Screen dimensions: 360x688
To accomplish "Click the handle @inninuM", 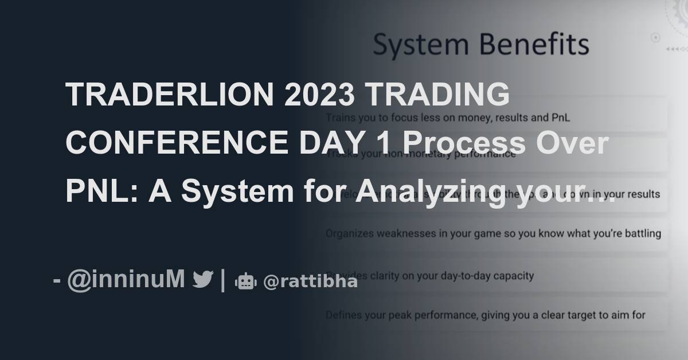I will click(126, 280).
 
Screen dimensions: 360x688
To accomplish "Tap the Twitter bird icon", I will click(203, 280).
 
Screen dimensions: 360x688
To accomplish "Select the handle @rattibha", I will click(310, 281).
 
